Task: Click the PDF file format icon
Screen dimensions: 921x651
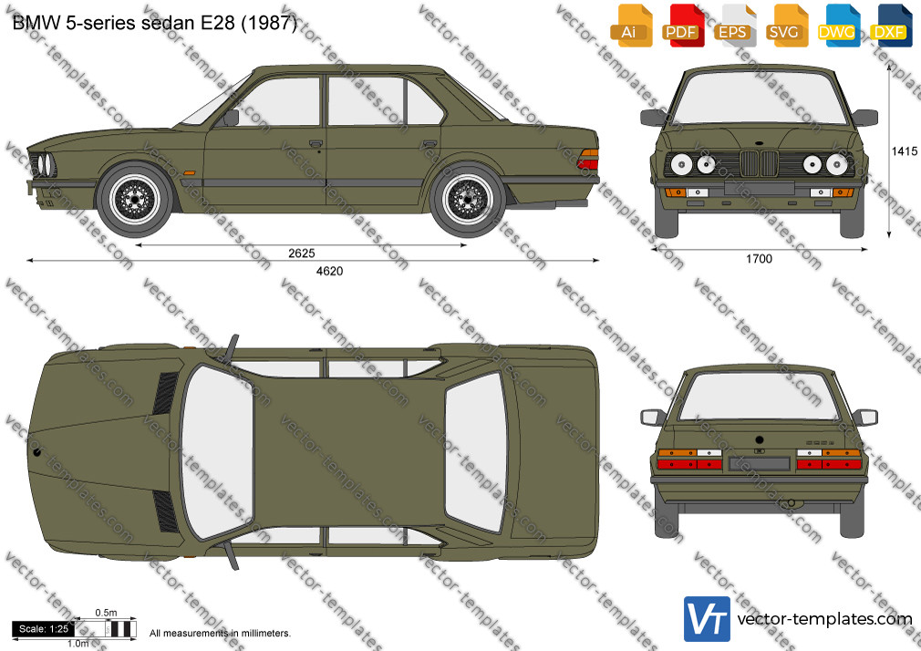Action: (x=683, y=26)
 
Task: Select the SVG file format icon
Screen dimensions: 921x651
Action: (x=787, y=26)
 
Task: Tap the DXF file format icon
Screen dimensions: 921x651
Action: (x=892, y=26)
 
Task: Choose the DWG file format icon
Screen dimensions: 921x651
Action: (x=839, y=26)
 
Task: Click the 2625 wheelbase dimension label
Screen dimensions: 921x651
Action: (x=301, y=253)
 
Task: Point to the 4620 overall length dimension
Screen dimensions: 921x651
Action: (x=329, y=271)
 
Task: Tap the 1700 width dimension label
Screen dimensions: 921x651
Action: (x=759, y=259)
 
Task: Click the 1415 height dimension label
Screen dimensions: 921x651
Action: (x=904, y=151)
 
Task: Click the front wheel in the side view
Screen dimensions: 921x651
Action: (x=135, y=200)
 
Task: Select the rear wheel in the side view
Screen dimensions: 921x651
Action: (x=468, y=200)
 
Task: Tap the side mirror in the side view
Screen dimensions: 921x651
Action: (x=230, y=118)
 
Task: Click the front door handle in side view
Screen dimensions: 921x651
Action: (x=316, y=143)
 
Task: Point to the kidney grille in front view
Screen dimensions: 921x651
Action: (x=759, y=163)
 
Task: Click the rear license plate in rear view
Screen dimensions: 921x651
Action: (x=759, y=463)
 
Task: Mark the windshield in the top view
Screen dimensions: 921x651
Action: (x=216, y=452)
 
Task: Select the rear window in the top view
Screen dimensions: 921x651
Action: (x=476, y=452)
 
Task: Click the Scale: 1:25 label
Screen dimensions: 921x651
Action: (x=44, y=629)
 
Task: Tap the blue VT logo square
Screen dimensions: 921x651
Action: (x=707, y=619)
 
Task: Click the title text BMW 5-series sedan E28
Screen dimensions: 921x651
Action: (x=125, y=23)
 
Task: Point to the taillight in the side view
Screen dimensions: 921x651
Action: (x=588, y=160)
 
